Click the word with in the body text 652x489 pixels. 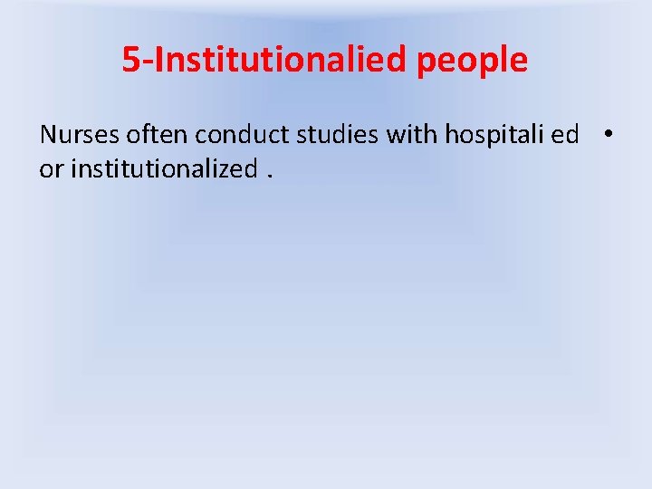[408, 135]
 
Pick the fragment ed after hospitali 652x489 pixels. [565, 135]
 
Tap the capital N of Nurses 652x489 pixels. [48, 135]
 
